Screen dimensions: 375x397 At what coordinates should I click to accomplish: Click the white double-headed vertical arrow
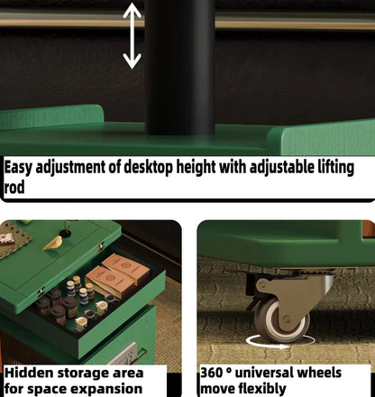[132, 35]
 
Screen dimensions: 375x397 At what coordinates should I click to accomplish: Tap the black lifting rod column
[180, 67]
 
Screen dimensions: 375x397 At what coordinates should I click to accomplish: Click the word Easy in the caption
[18, 167]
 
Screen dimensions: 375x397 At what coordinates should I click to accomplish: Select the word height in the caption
[196, 167]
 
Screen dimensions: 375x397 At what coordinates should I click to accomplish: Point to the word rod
[14, 188]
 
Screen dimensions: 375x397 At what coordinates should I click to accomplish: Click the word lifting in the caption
[336, 167]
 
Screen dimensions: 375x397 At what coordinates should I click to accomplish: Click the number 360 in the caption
[211, 373]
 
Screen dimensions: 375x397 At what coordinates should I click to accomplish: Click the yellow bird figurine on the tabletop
[52, 243]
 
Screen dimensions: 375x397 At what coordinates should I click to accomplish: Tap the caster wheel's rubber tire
[281, 319]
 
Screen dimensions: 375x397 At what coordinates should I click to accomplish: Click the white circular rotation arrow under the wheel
[279, 346]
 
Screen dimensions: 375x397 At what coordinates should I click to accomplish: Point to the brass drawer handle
[141, 355]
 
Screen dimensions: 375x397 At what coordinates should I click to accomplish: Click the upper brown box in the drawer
[126, 268]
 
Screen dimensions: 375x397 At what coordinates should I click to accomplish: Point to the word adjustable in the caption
[282, 167]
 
